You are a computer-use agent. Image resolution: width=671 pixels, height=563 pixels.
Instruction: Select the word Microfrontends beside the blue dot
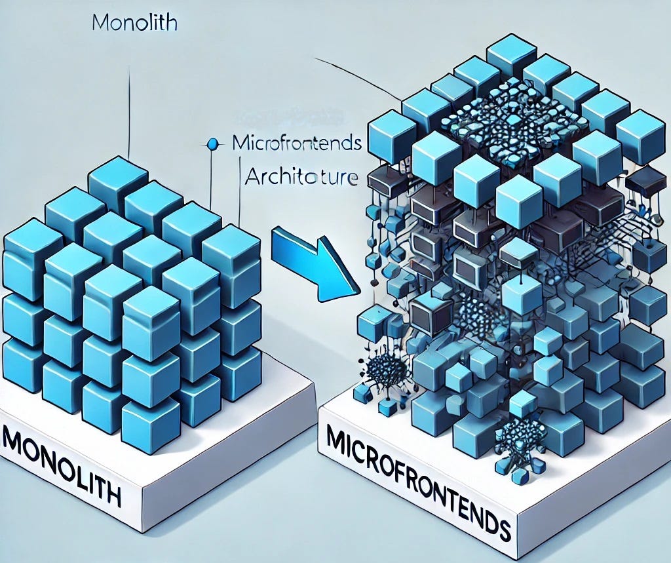point(297,144)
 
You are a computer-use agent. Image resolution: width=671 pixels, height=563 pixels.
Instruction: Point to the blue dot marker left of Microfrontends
point(211,142)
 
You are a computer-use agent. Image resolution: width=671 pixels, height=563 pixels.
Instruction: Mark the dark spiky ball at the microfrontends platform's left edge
point(381,371)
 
